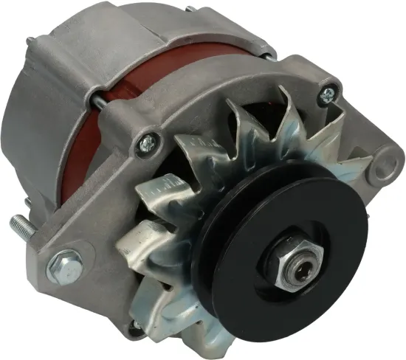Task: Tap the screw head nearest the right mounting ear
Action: pos(328,92)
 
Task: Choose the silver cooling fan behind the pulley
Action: pos(185,192)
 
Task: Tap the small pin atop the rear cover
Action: pos(190,9)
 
